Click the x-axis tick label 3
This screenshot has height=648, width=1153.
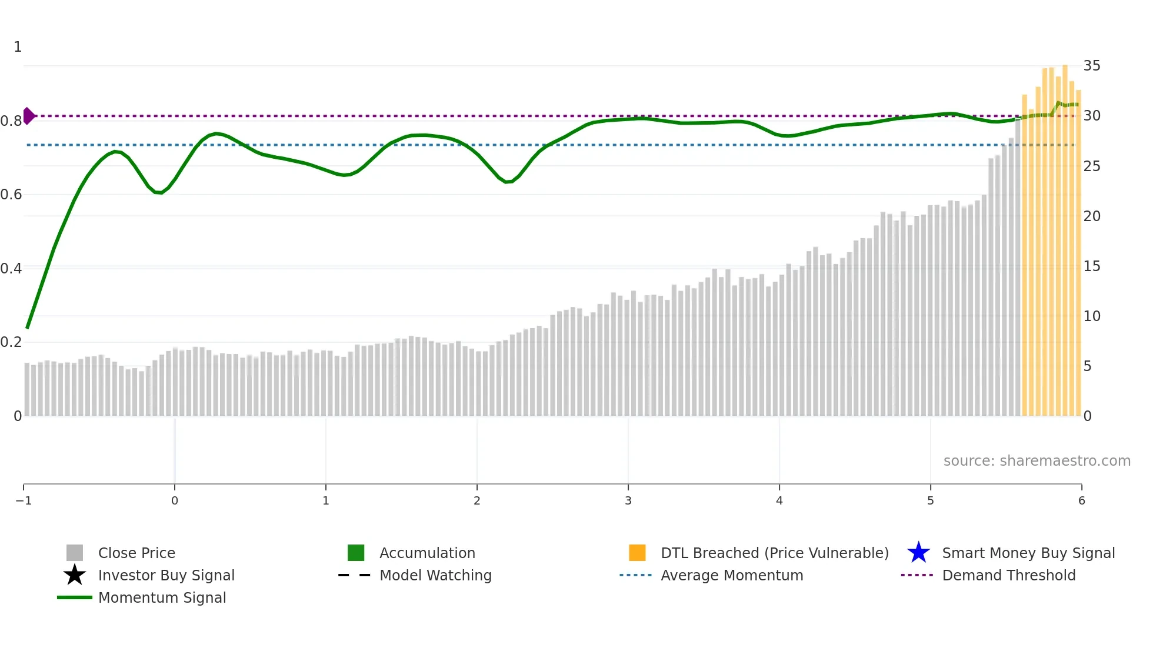coord(628,500)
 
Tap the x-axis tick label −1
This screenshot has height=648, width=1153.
coord(24,500)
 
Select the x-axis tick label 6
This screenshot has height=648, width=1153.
coord(1081,500)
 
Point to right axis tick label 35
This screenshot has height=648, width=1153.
coord(1091,66)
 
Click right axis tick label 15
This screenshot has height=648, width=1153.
coord(1091,266)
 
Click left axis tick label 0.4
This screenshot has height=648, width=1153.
coord(11,269)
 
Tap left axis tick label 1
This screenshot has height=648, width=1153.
coord(18,47)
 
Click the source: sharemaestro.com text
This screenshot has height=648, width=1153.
coord(1037,460)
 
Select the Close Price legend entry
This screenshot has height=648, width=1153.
coord(136,553)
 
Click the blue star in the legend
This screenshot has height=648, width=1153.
coord(918,553)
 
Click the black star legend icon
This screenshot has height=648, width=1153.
coord(75,575)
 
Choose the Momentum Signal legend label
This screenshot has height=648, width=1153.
coord(162,597)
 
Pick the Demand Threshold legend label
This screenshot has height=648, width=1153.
coord(1008,575)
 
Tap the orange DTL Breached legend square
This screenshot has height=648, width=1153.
coord(637,553)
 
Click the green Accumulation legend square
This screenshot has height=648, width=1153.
coord(356,553)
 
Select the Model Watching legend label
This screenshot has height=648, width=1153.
coord(435,575)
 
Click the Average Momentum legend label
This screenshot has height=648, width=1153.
coord(732,575)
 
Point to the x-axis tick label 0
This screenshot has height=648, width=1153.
coord(175,500)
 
